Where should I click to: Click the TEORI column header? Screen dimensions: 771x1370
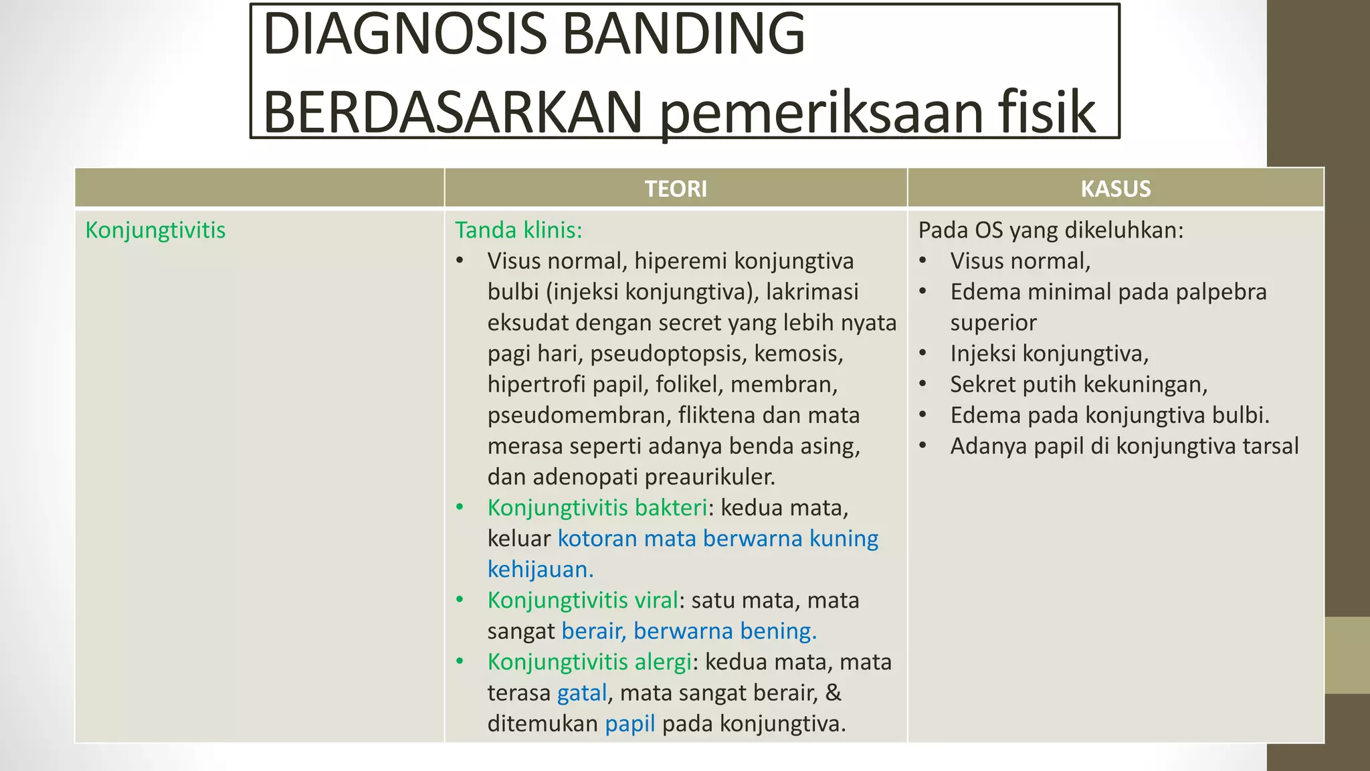click(x=676, y=189)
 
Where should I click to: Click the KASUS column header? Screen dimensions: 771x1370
click(x=1115, y=189)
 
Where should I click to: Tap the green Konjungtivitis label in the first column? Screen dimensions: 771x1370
click(x=155, y=230)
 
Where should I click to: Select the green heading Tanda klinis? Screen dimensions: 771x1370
click(x=518, y=230)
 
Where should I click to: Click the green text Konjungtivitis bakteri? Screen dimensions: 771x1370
click(x=597, y=508)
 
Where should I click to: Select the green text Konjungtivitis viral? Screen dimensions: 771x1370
click(x=582, y=600)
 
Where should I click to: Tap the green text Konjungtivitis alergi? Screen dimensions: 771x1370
click(x=589, y=662)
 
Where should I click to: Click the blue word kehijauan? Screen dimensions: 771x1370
click(x=540, y=570)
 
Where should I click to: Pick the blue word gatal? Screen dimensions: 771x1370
click(x=582, y=693)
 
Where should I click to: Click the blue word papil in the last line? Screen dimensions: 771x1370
click(x=629, y=723)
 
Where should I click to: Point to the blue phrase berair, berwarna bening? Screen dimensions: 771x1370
click(x=688, y=631)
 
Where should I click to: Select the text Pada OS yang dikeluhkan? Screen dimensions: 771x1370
click(x=1050, y=230)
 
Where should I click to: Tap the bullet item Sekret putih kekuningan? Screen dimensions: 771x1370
click(x=1078, y=384)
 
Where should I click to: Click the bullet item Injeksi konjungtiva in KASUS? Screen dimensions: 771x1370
click(x=1048, y=353)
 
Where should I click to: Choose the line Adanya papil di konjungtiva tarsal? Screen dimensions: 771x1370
click(x=1124, y=446)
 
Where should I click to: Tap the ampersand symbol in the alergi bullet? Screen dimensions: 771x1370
click(x=833, y=693)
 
